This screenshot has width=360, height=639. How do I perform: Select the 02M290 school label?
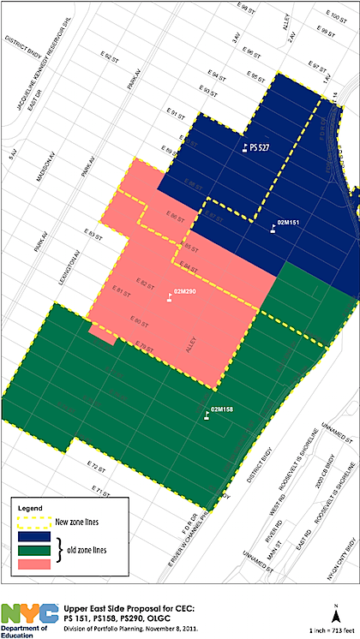tap(184, 293)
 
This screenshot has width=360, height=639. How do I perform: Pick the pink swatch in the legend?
tap(37, 565)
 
